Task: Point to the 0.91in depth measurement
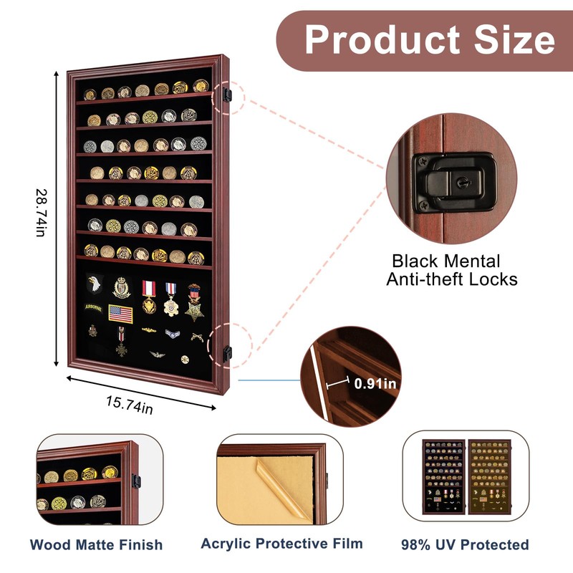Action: coord(375,383)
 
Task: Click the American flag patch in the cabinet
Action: coord(120,313)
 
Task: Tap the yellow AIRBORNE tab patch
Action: coord(94,308)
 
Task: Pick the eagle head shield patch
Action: coord(95,284)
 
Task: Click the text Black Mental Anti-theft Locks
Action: coord(451,270)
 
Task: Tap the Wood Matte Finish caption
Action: coord(96,544)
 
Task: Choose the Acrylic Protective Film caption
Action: coord(281,543)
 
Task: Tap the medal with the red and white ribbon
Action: coord(149,295)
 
